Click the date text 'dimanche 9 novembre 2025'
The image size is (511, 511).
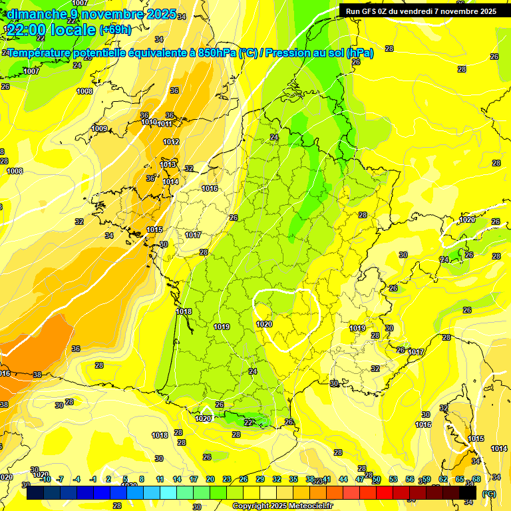click(90, 14)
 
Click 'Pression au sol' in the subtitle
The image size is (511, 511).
click(301, 53)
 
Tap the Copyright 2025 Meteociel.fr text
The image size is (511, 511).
click(282, 506)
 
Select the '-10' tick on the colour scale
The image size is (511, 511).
click(45, 479)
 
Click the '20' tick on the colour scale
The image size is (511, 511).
click(210, 479)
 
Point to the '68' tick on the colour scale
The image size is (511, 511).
click(476, 479)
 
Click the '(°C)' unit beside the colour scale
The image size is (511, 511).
click(488, 494)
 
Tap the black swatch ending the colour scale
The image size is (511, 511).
click(468, 494)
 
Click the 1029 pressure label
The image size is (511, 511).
click(467, 220)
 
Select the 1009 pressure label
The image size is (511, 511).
click(99, 128)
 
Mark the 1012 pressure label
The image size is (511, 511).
click(171, 142)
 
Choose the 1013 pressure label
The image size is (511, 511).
click(168, 164)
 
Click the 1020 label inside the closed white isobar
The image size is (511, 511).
click(264, 324)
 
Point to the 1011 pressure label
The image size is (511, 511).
click(165, 124)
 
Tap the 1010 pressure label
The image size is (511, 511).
click(149, 122)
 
